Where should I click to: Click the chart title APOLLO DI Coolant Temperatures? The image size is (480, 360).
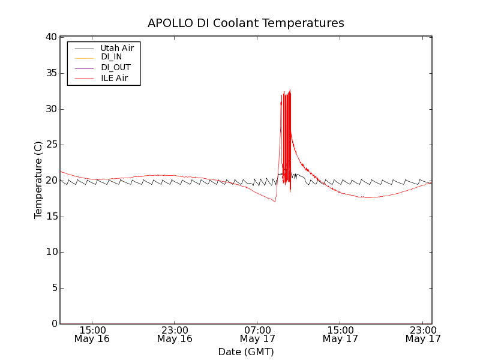click(x=246, y=23)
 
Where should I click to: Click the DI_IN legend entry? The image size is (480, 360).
click(x=111, y=57)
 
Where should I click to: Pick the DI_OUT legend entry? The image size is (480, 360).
click(x=115, y=67)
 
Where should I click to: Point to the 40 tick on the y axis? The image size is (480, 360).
click(x=50, y=37)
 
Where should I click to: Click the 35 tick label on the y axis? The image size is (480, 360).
click(x=50, y=73)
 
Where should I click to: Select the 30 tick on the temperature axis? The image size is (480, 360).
click(x=50, y=109)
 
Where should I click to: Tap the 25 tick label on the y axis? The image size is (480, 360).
click(x=50, y=145)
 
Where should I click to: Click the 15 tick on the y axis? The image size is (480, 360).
click(x=50, y=217)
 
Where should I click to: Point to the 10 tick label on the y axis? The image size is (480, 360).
click(x=50, y=252)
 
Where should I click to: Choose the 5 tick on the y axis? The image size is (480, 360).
click(x=53, y=288)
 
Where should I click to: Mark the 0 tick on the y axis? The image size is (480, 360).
click(x=53, y=324)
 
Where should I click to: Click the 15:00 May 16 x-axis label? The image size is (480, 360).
click(x=93, y=334)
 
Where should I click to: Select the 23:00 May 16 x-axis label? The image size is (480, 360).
click(x=175, y=334)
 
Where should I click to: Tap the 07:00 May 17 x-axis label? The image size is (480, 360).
click(x=258, y=334)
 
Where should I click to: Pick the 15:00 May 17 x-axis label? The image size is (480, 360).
click(x=340, y=334)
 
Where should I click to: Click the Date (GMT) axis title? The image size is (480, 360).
click(x=246, y=352)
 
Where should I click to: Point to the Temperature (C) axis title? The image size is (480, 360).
click(x=38, y=180)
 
